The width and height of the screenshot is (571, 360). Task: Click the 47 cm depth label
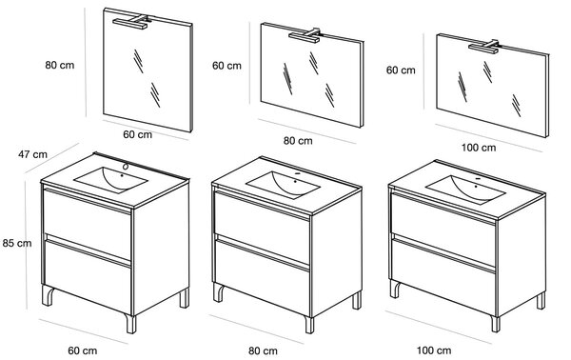(x=32, y=154)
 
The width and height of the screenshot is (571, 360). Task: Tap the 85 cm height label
(x=17, y=243)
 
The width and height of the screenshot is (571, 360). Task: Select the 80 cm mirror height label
(x=60, y=65)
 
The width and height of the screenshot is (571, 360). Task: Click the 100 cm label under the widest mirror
(x=479, y=148)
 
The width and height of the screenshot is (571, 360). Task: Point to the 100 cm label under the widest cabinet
(x=434, y=350)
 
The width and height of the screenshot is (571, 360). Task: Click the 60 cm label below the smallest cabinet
(x=83, y=350)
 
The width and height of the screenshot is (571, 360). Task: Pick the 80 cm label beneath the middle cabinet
(x=263, y=351)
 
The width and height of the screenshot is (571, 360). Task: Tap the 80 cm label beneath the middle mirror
(x=298, y=141)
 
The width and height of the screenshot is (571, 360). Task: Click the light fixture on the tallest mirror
(x=131, y=22)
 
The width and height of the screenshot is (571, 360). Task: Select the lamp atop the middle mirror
(x=305, y=35)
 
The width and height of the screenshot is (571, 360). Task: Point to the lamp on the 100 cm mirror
(x=484, y=47)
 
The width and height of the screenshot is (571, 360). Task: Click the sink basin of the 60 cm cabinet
(x=110, y=180)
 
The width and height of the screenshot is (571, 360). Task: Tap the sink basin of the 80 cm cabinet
(x=283, y=185)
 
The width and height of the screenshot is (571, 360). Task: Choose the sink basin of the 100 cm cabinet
(x=465, y=190)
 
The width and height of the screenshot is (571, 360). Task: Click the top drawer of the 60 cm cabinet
(x=87, y=223)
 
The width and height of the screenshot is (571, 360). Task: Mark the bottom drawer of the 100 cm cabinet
(x=443, y=274)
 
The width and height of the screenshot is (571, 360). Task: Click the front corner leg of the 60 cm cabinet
(x=130, y=324)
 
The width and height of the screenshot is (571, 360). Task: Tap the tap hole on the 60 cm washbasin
(x=126, y=168)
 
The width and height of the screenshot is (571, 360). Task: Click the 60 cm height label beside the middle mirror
(x=226, y=66)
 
